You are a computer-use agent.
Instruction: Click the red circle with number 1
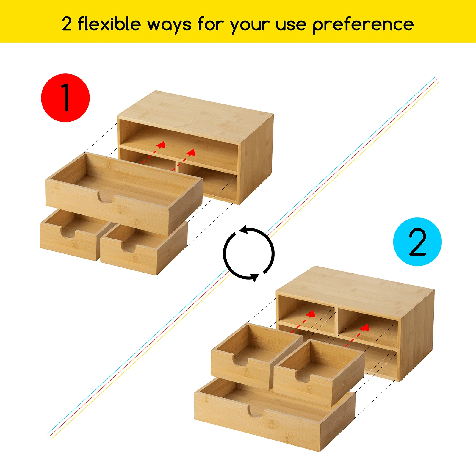click(65, 98)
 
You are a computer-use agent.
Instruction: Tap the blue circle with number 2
click(417, 242)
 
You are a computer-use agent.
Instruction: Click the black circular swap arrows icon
click(249, 254)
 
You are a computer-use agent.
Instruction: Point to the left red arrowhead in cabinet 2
click(311, 314)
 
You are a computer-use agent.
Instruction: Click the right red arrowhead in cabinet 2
click(365, 328)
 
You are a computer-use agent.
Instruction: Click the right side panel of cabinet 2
click(416, 336)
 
